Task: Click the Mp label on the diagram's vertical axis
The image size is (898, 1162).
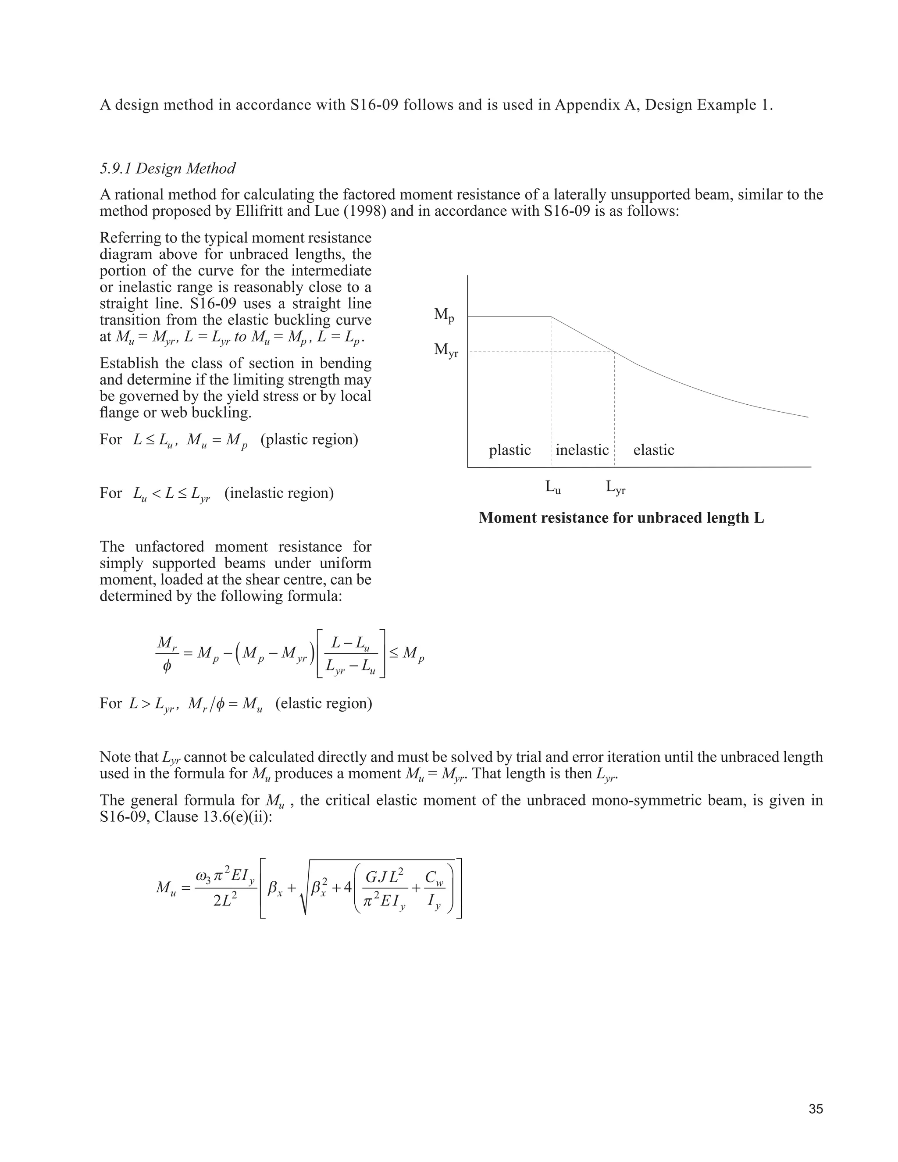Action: (x=444, y=315)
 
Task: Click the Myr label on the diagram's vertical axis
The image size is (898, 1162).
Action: (x=446, y=350)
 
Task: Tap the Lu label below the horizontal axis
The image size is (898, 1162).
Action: (x=553, y=487)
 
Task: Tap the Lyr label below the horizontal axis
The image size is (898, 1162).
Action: (x=616, y=487)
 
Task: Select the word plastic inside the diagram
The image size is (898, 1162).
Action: (x=510, y=450)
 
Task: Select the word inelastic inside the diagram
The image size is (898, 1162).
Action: (x=582, y=450)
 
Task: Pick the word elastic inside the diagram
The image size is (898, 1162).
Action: (x=653, y=450)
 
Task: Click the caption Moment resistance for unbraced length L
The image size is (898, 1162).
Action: (x=621, y=518)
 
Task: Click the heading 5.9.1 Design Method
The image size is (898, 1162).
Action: (x=167, y=169)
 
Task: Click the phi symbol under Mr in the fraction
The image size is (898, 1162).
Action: (x=167, y=667)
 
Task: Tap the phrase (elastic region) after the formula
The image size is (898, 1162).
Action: (x=324, y=703)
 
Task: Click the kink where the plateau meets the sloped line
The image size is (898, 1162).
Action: (x=551, y=317)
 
